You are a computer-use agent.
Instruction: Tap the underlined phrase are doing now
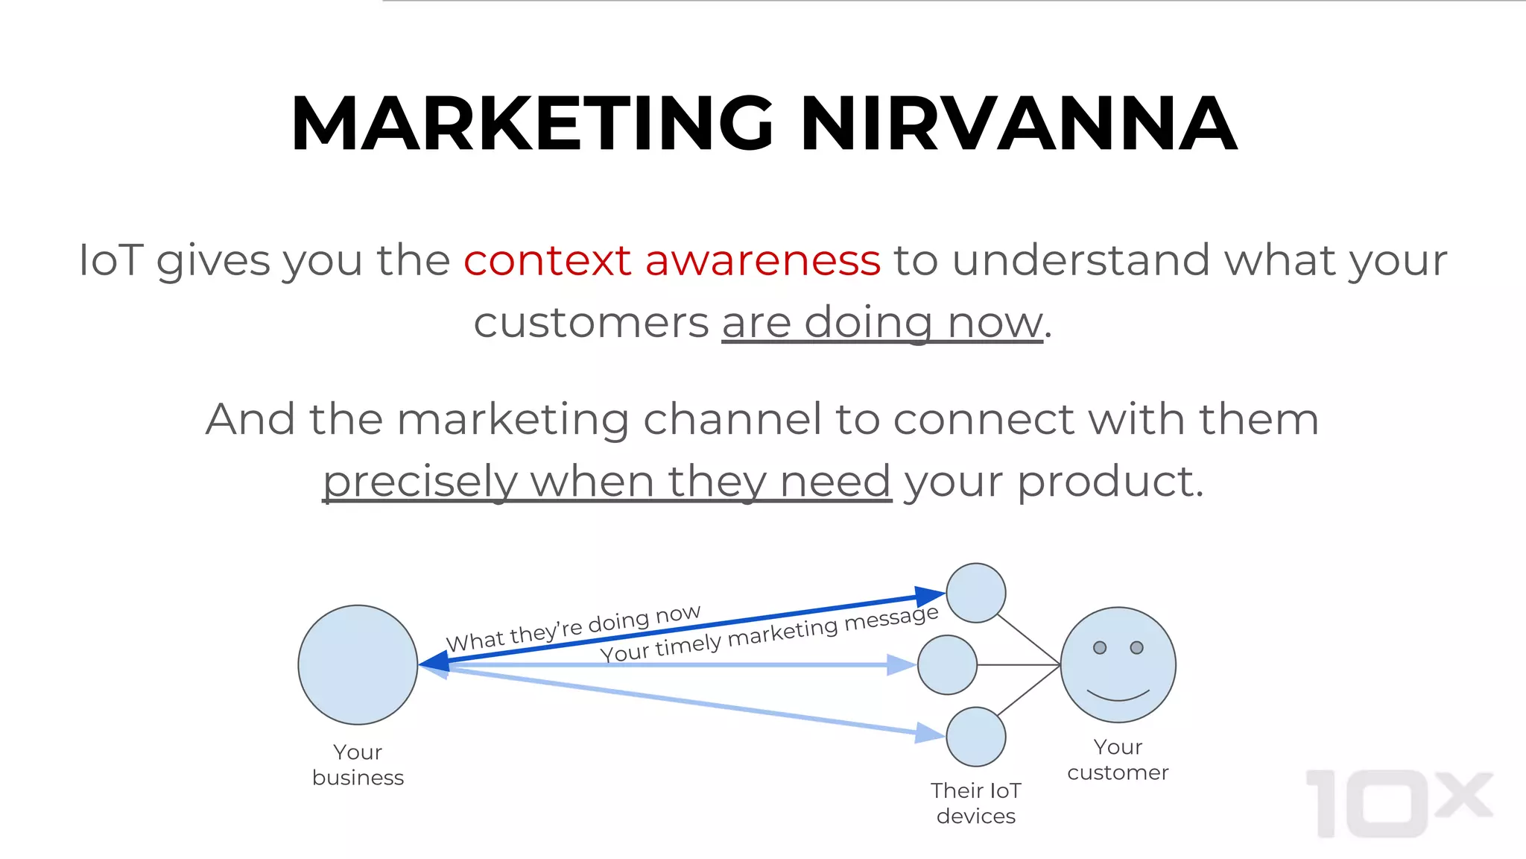pyautogui.click(x=882, y=323)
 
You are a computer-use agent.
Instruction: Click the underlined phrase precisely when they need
pyautogui.click(x=607, y=481)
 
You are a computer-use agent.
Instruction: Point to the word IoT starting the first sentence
pyautogui.click(x=110, y=260)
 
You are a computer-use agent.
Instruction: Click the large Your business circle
pyautogui.click(x=358, y=664)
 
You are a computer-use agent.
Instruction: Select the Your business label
pyautogui.click(x=358, y=764)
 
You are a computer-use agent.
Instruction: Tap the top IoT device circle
pyautogui.click(x=975, y=593)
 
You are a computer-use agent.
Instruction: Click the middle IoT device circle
pyautogui.click(x=947, y=664)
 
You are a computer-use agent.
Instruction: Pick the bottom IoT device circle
pyautogui.click(x=975, y=737)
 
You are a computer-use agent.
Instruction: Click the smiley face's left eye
pyautogui.click(x=1100, y=647)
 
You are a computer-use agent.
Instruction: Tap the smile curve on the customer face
pyautogui.click(x=1118, y=697)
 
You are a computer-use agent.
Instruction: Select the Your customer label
pyautogui.click(x=1118, y=760)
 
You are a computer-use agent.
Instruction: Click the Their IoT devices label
pyautogui.click(x=975, y=803)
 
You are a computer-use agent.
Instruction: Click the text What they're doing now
pyautogui.click(x=573, y=628)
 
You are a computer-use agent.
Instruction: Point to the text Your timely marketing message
pyautogui.click(x=769, y=635)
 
